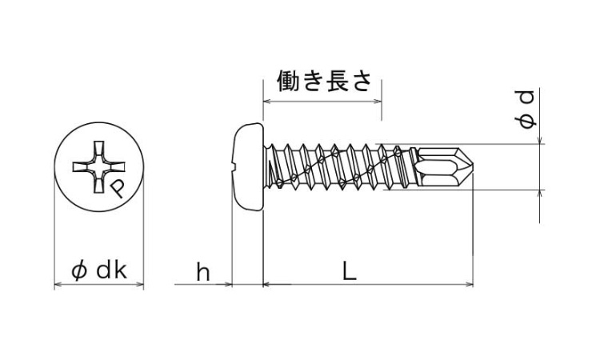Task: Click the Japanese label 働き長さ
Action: [324, 81]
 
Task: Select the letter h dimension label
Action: [203, 271]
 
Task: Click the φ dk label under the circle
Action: [99, 271]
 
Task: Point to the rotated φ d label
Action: [525, 109]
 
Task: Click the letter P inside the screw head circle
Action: [117, 189]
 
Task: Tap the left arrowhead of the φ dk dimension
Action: [58, 284]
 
